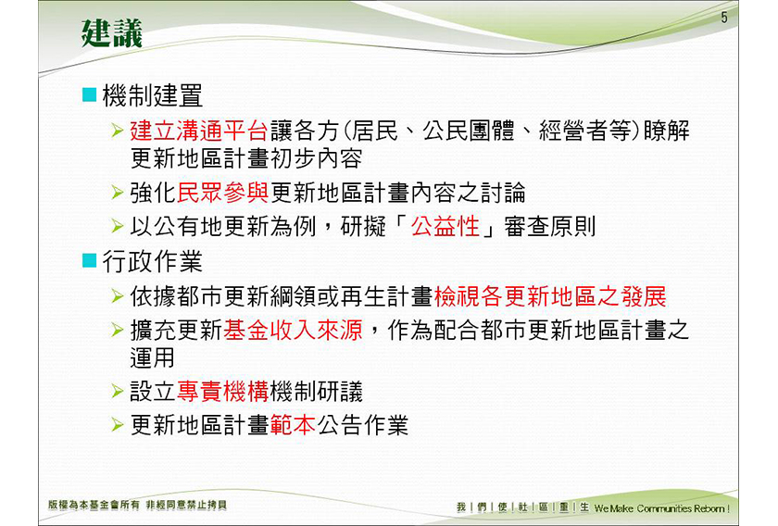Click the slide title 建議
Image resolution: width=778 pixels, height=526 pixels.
point(112,33)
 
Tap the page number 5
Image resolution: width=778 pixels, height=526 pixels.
point(724,18)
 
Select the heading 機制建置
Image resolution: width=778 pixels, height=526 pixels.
point(152,95)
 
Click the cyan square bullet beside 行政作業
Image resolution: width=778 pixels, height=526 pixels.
point(89,260)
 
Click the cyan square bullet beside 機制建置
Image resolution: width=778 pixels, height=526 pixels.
point(89,94)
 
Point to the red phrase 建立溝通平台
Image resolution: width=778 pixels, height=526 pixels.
point(199,131)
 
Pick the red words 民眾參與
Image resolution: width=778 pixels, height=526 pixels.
point(223,193)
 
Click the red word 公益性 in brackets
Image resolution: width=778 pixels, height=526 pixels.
point(445,226)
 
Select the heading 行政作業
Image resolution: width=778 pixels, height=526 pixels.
point(152,261)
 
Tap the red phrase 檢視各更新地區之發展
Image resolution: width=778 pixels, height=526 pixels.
point(550,296)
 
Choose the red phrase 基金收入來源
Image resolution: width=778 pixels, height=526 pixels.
point(293,330)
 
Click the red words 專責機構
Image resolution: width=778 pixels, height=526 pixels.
point(223,391)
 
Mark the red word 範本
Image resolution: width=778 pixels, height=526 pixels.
point(293,425)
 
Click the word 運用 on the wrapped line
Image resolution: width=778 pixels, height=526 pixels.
point(152,357)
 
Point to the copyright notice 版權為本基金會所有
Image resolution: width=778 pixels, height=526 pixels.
point(94,505)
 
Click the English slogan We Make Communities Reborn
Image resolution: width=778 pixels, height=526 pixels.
point(662,508)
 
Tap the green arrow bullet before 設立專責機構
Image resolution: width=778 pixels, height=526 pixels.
point(118,391)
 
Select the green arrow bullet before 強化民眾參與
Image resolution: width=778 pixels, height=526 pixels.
point(118,193)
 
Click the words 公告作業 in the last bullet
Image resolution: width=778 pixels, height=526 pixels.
point(363,425)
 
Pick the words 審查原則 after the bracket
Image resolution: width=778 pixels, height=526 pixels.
point(550,226)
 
